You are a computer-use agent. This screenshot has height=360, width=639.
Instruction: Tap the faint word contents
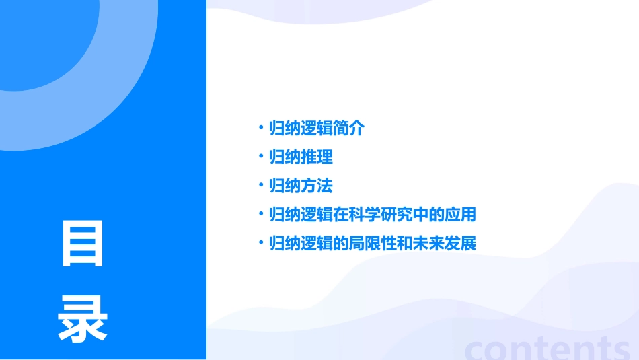point(547,348)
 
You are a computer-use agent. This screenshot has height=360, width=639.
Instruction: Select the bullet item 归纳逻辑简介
point(316,128)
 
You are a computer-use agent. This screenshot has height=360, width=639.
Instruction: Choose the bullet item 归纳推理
point(301,157)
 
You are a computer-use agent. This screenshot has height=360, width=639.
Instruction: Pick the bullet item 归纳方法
point(301,186)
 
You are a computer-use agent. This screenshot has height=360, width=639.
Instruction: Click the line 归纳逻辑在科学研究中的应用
point(372,215)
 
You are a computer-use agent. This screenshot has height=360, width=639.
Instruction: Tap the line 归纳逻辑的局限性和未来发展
point(372,243)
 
